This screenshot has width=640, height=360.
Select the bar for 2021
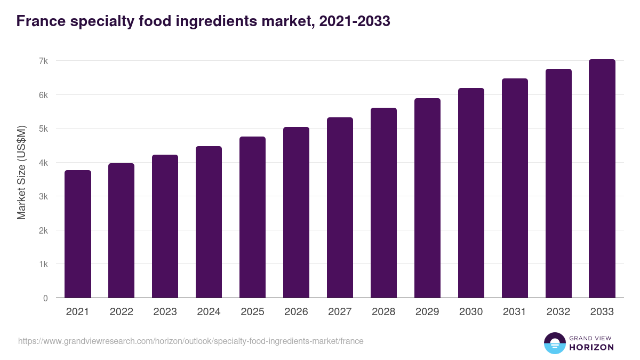point(78,234)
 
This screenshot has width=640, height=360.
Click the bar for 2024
point(209,222)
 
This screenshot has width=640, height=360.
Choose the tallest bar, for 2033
point(602,179)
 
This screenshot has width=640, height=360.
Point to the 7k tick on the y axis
point(43,61)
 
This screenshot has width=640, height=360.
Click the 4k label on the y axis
point(43,163)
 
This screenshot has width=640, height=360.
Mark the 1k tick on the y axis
point(43,265)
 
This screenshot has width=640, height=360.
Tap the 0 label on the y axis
point(45,298)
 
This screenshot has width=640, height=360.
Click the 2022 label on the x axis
point(122,312)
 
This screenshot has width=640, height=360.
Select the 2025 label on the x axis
point(252,312)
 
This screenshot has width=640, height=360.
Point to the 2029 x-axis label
point(427,312)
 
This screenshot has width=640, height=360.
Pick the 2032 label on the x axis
point(558,312)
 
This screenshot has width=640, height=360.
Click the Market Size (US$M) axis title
point(21,172)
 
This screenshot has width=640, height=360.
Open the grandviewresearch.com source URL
point(190,341)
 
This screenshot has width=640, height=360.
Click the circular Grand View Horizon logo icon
point(554,343)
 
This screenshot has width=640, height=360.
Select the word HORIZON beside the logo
point(591,347)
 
